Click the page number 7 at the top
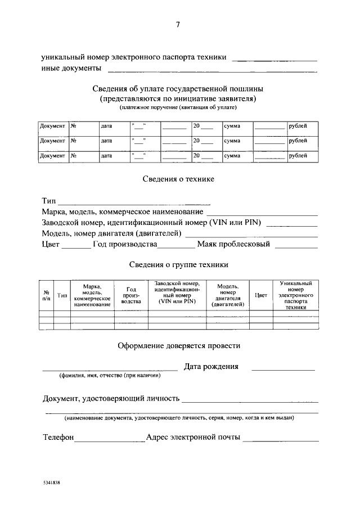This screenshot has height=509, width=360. point(178,24)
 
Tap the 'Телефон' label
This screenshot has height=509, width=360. point(58,437)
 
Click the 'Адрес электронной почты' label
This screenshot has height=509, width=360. point(193,437)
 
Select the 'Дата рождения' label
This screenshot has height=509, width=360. point(211,366)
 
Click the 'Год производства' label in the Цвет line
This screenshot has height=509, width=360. point(125,244)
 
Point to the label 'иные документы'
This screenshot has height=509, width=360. point(71,68)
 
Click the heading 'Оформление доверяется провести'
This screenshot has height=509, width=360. point(179,345)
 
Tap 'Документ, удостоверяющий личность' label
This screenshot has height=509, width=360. point(111,399)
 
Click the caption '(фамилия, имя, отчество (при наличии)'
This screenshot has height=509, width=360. point(110,375)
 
